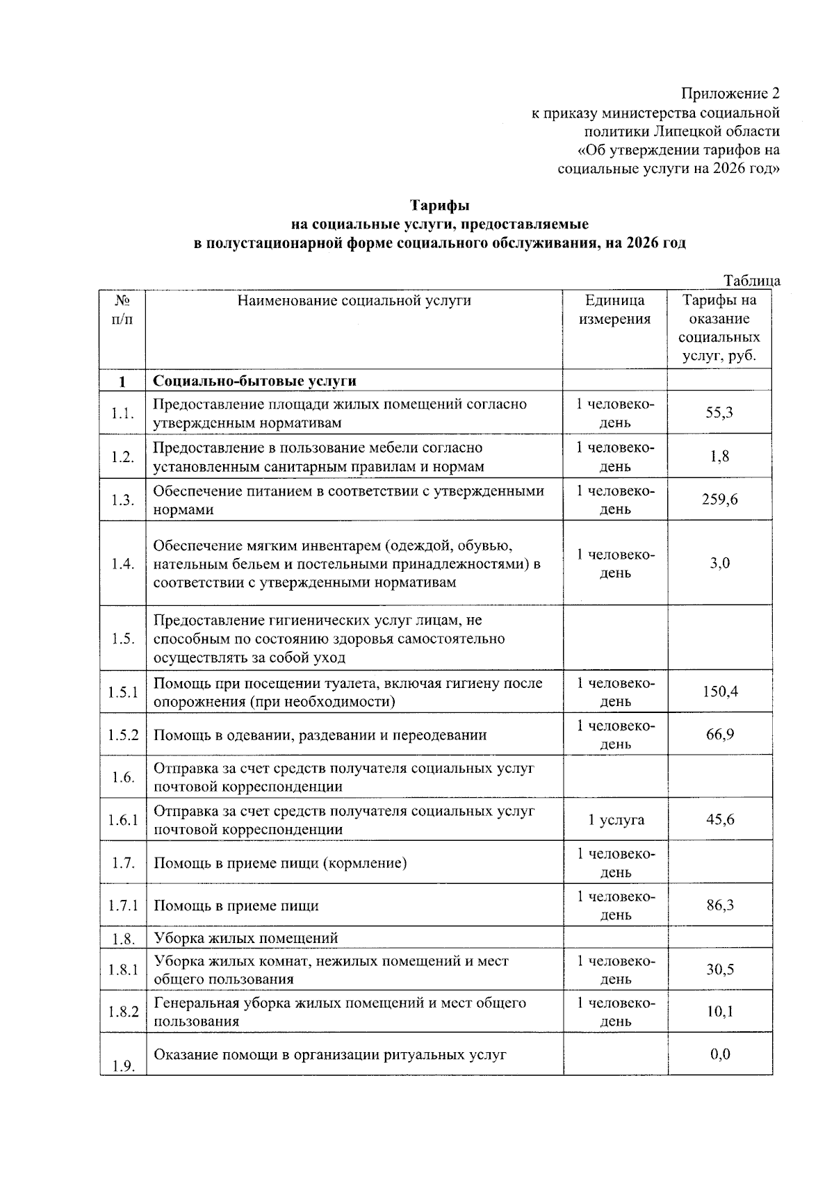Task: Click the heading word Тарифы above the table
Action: point(439,206)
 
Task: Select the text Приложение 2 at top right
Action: point(730,94)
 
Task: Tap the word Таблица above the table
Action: point(752,281)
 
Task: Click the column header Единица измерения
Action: point(615,310)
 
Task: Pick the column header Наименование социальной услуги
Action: point(354,301)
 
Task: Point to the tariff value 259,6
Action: point(719,500)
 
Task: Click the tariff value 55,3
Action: point(719,413)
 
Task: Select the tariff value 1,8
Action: point(719,457)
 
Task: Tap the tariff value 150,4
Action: point(719,691)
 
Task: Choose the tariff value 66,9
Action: point(719,735)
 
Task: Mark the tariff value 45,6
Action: point(719,819)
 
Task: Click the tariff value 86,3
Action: point(719,905)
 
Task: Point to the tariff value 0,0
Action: point(719,1054)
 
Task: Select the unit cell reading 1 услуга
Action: point(616,820)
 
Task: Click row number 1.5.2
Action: point(123,735)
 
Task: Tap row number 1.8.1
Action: point(123,969)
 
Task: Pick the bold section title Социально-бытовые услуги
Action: point(254,381)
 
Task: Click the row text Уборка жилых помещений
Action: point(245,938)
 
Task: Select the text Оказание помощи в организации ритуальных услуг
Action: point(329,1054)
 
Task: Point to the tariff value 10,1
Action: point(719,1012)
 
